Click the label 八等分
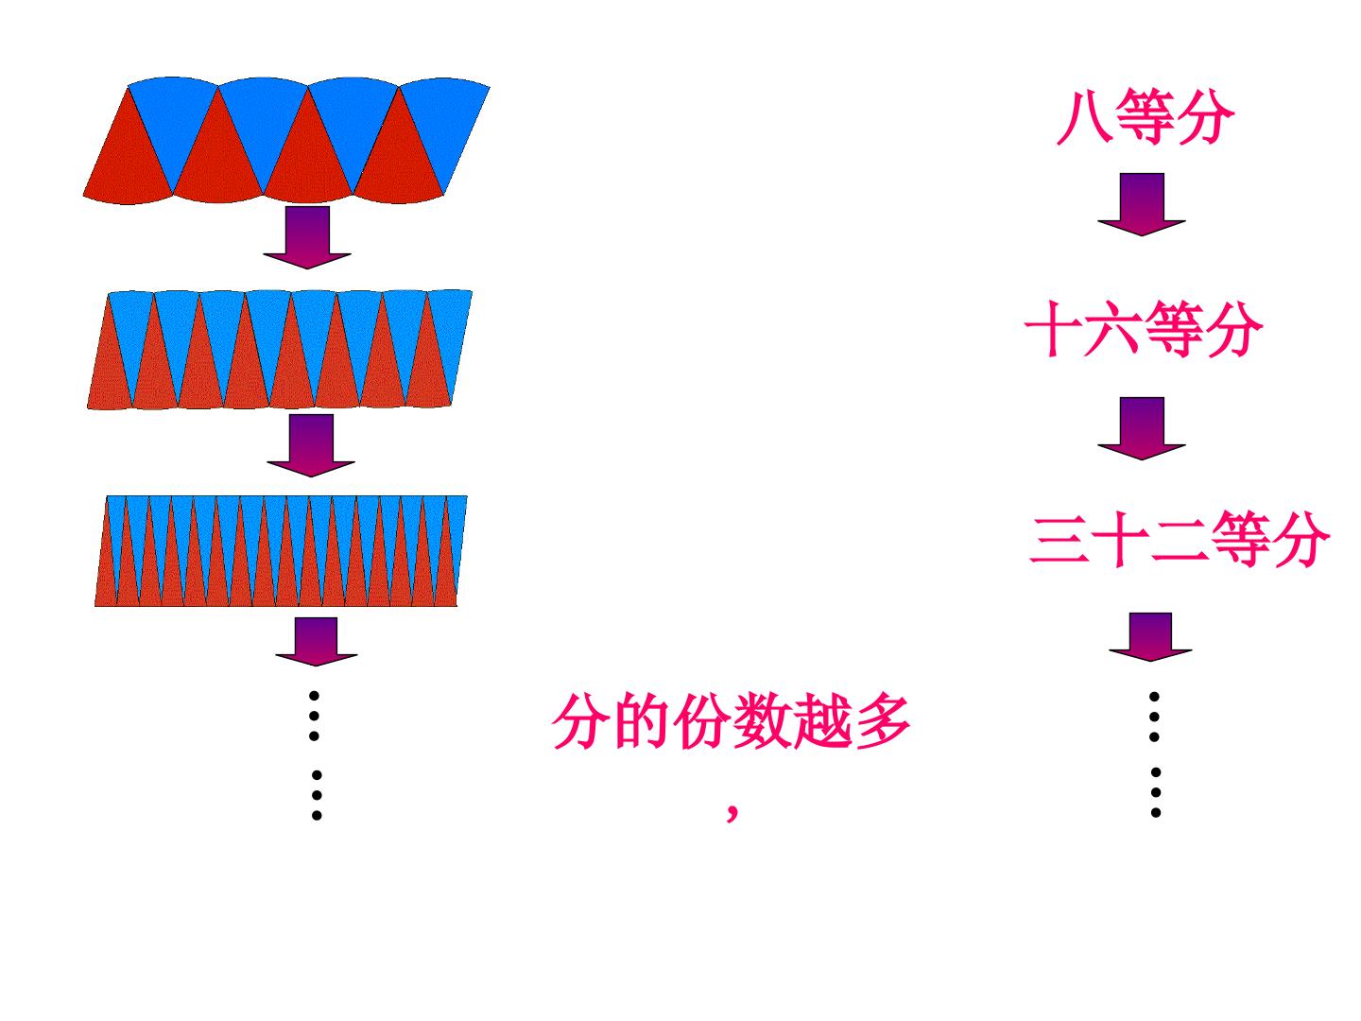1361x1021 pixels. [1145, 117]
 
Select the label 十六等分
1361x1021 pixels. [1144, 329]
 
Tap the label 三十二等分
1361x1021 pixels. [1180, 539]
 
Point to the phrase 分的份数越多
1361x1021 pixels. [731, 721]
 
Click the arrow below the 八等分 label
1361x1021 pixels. [1142, 204]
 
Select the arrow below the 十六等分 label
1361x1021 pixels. [1142, 428]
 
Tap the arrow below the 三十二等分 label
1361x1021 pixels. [1150, 637]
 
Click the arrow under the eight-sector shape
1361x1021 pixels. [307, 237]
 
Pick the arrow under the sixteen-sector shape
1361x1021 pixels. [311, 445]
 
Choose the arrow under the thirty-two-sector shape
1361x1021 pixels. [317, 642]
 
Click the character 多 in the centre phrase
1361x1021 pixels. [883, 721]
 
